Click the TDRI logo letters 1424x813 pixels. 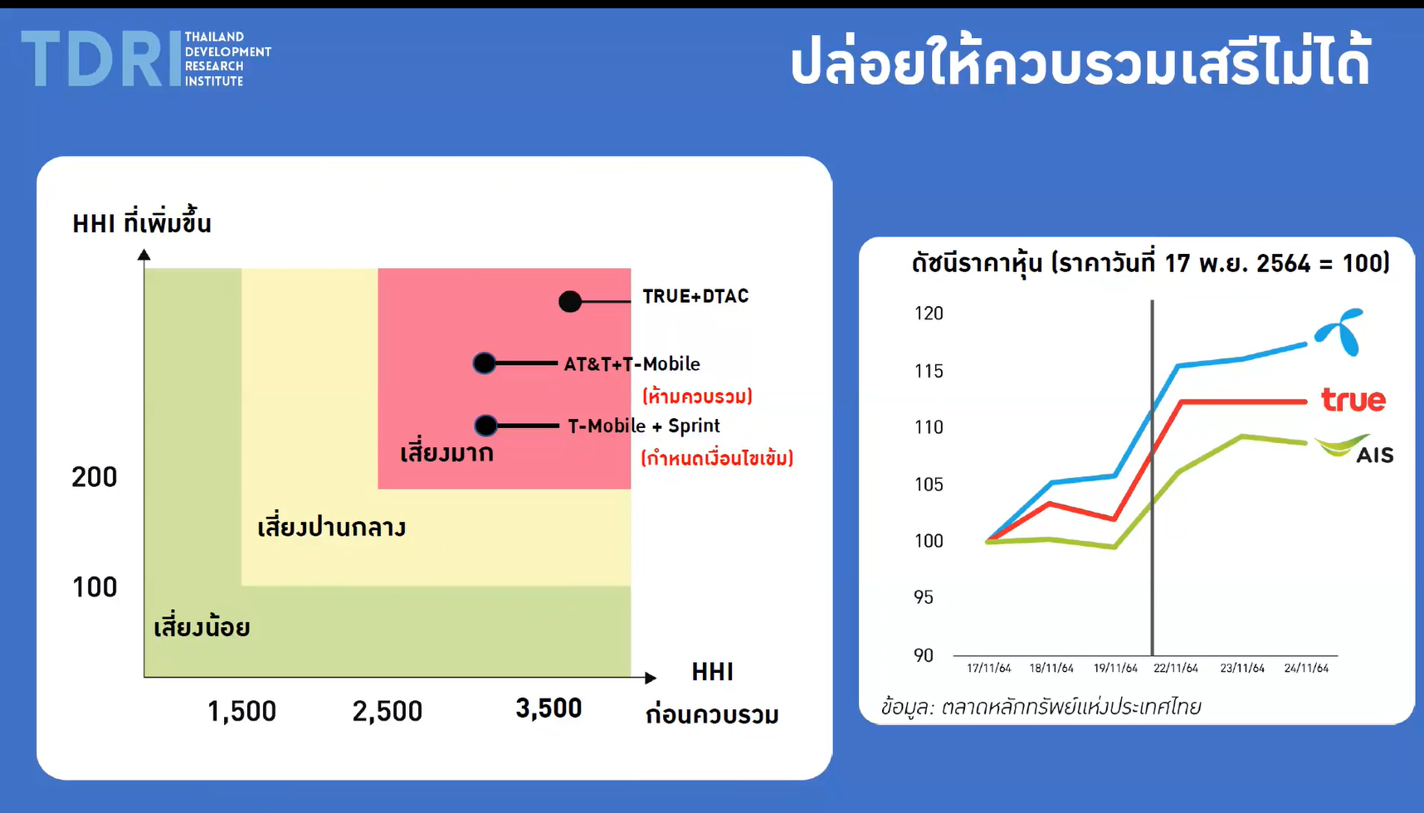pos(100,59)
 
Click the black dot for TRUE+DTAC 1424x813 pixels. pos(570,301)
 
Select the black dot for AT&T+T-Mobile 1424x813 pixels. pos(485,363)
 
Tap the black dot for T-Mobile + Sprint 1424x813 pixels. pos(486,426)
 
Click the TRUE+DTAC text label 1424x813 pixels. pos(695,296)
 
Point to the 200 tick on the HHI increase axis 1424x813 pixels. pos(95,477)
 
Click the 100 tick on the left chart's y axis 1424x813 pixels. pos(95,587)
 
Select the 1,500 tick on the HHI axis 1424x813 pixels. pos(241,711)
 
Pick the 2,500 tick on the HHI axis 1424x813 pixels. pos(388,711)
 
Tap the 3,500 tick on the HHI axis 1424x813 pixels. pos(549,708)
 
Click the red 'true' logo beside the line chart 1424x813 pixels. pos(1353,400)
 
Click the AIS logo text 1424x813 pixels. pos(1374,455)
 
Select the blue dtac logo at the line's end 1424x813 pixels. pos(1340,332)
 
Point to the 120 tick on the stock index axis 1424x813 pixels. pos(929,314)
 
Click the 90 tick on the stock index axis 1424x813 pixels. pos(924,655)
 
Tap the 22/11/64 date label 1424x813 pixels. pos(1176,668)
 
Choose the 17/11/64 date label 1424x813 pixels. pos(988,668)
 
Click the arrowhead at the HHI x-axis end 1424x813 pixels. pos(651,678)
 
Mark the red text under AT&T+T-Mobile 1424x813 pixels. pos(697,396)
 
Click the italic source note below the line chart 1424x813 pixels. pos(1041,707)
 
